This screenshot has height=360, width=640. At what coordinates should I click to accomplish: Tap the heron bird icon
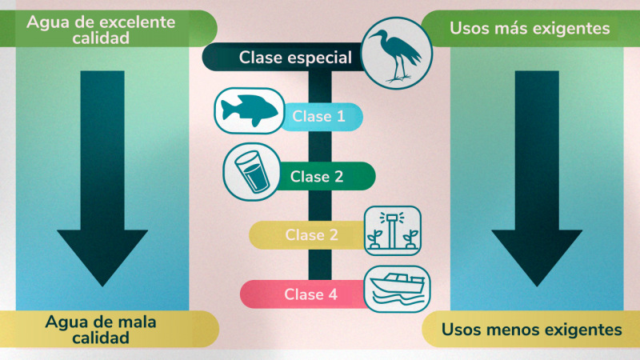point(398,53)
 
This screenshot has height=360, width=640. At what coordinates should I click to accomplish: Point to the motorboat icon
point(397,288)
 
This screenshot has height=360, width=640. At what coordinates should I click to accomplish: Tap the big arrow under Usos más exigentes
point(535,176)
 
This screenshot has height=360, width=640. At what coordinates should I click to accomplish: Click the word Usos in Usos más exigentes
point(469,29)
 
